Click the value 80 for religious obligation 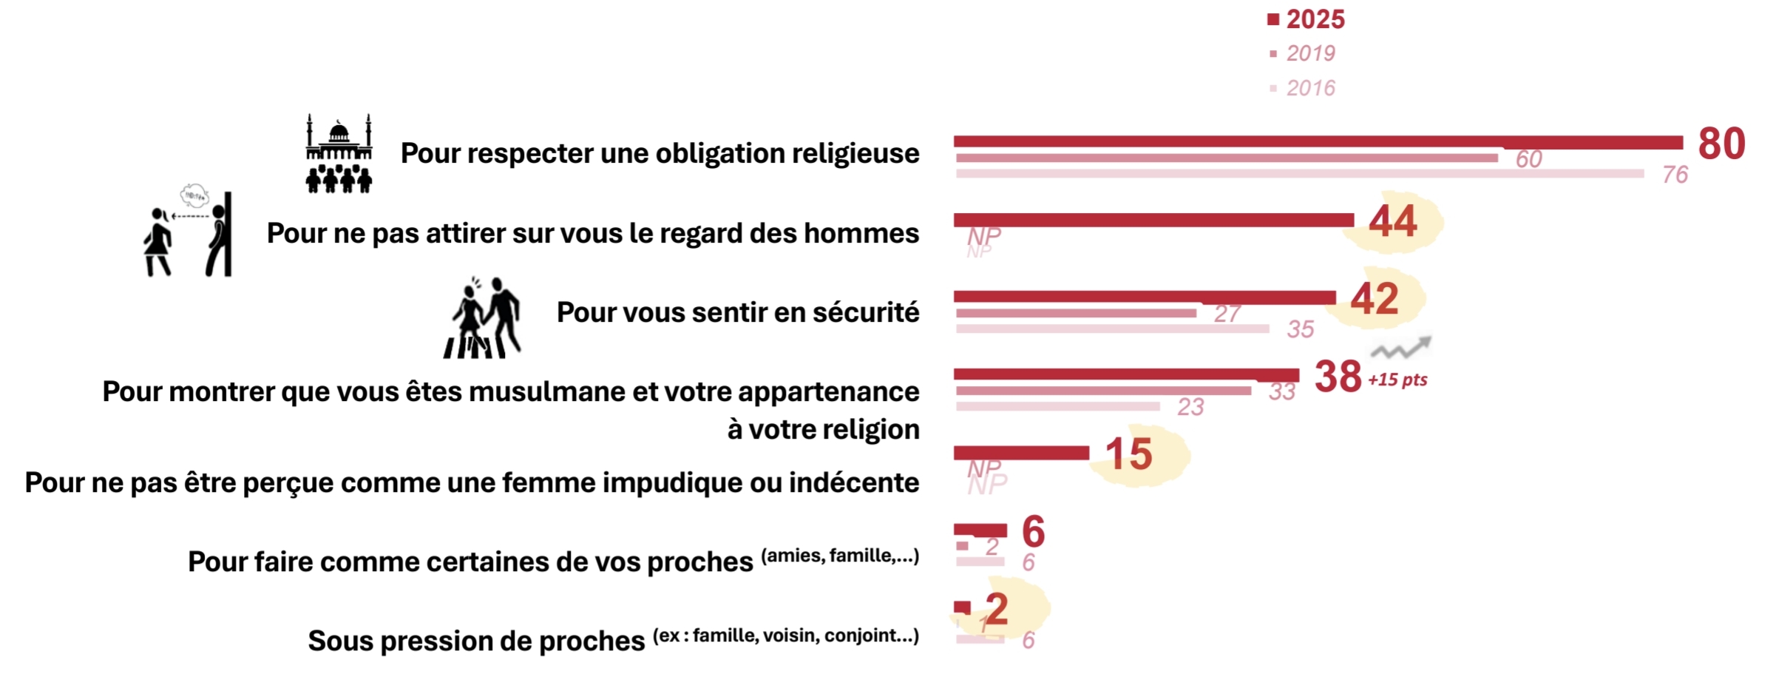(1721, 144)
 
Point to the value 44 (1392, 221)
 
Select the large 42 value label (1375, 299)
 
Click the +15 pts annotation (1397, 380)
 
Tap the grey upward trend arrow (1402, 348)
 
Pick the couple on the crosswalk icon (483, 319)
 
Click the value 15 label (1128, 454)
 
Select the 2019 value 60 (1528, 159)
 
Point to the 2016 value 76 (1675, 175)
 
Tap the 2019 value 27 (1227, 314)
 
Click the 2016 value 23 (1190, 407)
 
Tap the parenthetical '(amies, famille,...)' (840, 556)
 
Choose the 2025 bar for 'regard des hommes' (1153, 220)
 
